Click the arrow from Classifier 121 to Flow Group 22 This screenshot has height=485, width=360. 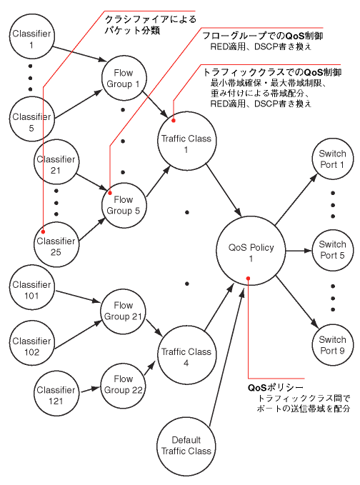tap(90, 389)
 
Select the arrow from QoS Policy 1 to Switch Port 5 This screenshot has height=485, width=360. tap(299, 251)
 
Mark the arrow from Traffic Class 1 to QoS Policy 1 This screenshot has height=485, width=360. tap(224, 190)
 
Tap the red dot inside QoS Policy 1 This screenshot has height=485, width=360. tap(248, 279)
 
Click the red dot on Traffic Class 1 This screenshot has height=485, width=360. tap(174, 120)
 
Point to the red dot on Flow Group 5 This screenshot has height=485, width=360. tap(110, 193)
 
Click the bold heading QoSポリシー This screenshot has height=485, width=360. tap(276, 387)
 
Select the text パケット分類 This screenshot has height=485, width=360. tap(132, 31)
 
